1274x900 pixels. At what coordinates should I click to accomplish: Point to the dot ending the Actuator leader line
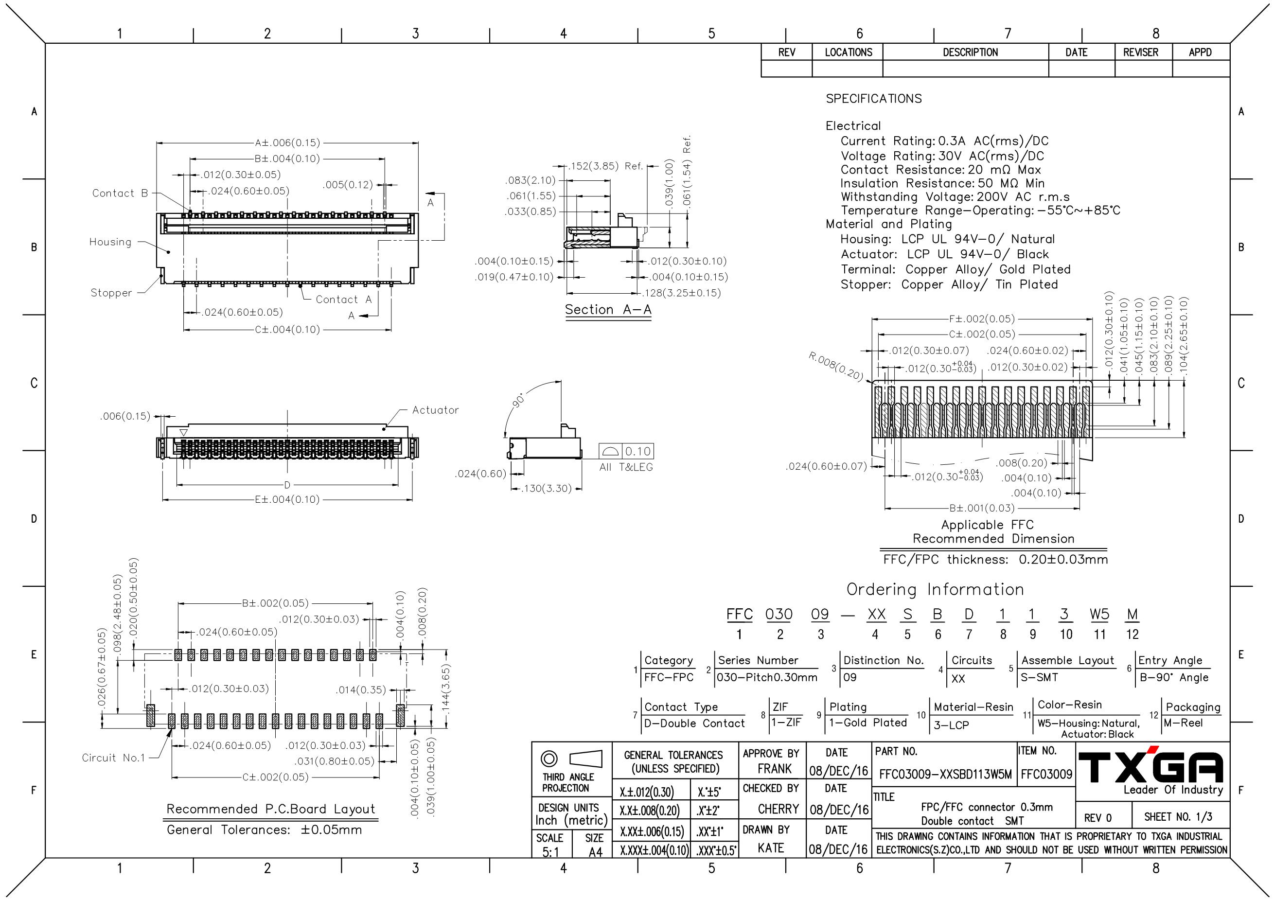[384, 428]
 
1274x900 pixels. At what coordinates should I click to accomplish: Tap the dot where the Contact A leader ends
[301, 286]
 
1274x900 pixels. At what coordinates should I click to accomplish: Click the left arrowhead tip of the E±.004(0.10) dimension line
[162, 499]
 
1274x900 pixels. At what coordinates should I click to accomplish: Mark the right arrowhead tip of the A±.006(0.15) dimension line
[418, 142]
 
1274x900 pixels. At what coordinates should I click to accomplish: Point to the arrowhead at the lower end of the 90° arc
[504, 440]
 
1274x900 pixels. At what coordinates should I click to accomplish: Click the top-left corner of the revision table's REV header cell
[761, 44]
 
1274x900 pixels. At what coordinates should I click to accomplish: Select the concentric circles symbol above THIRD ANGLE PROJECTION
[549, 758]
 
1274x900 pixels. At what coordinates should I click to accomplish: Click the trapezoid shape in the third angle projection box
[586, 759]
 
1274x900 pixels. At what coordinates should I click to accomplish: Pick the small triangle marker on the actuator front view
[184, 432]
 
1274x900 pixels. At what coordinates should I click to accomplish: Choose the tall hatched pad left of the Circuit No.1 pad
[150, 715]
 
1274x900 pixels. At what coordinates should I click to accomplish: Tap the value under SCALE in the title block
[550, 852]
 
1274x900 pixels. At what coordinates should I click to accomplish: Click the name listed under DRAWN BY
[771, 848]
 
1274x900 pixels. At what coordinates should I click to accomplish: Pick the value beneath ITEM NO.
[1046, 775]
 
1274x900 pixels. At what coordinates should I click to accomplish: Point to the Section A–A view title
[608, 310]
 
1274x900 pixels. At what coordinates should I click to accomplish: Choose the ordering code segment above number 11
[1099, 614]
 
